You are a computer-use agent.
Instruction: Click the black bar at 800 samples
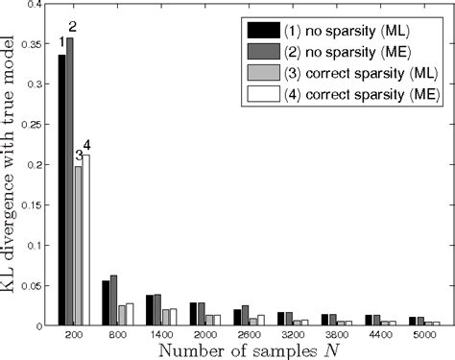pos(107,302)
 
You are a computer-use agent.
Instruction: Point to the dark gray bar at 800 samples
pos(114,300)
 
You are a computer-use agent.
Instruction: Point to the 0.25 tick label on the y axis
pos(35,125)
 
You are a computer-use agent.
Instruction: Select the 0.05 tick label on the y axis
pos(35,285)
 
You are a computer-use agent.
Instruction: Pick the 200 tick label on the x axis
pos(74,335)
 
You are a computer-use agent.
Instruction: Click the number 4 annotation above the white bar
pos(86,145)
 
